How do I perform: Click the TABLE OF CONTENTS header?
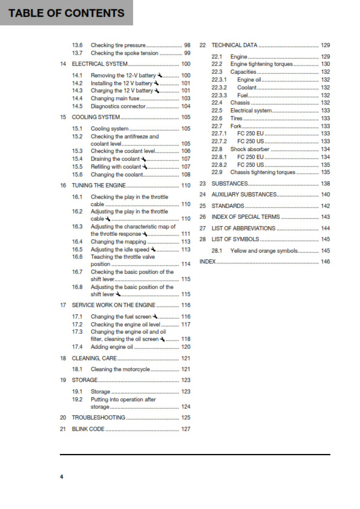[67, 13]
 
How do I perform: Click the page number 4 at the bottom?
[61, 478]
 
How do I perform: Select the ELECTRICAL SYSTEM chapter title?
[100, 64]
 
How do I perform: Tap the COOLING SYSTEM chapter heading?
[96, 117]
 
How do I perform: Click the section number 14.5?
[77, 106]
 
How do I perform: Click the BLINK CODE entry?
[88, 429]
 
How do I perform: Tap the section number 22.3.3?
[219, 95]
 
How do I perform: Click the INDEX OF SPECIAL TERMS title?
[246, 217]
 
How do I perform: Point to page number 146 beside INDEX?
[326, 262]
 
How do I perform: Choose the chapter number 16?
[63, 186]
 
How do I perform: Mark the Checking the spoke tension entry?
[124, 53]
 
